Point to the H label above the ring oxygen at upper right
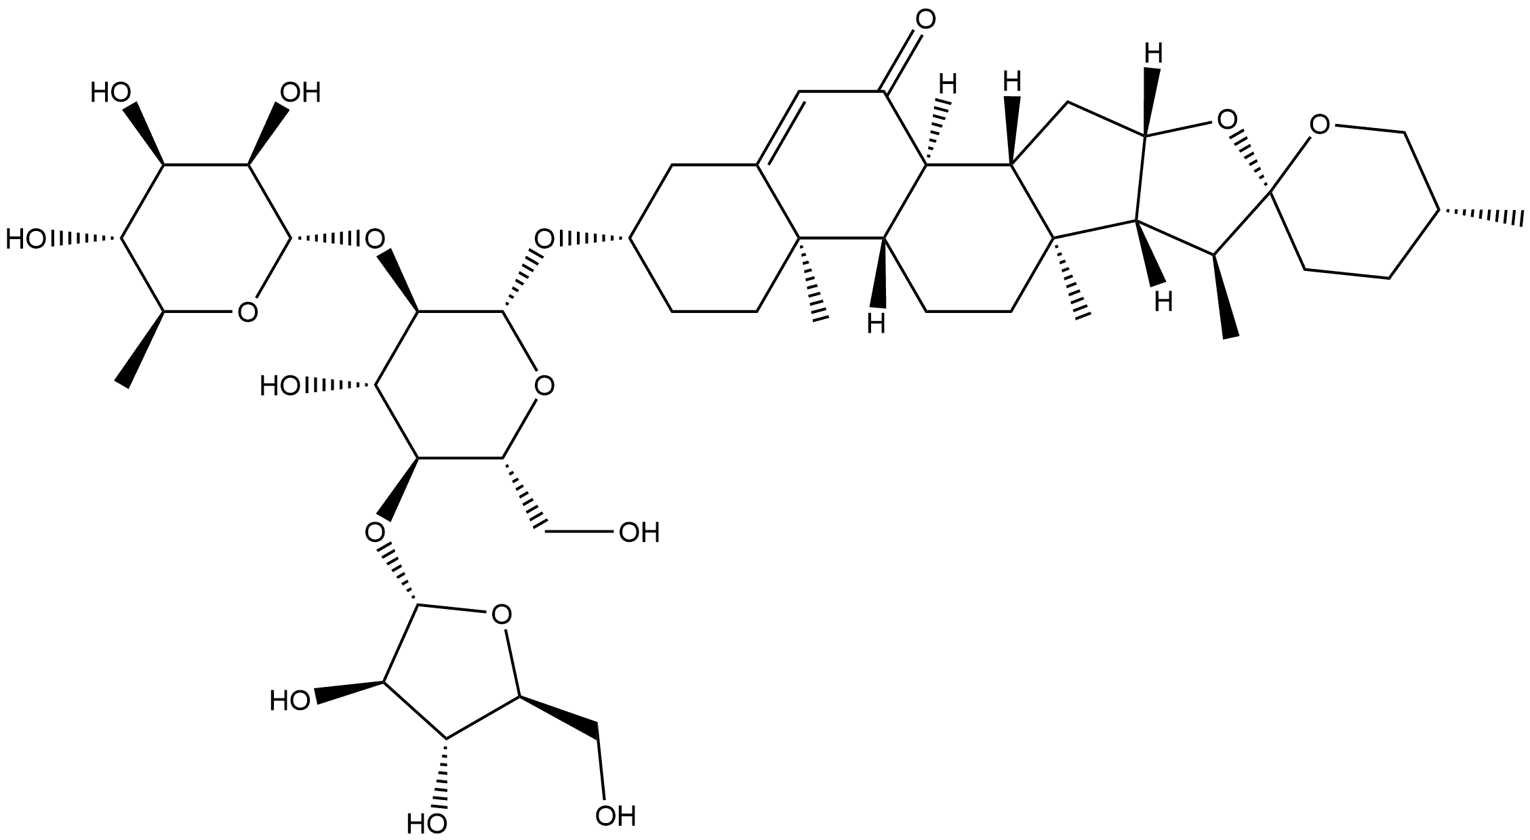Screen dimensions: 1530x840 pyautogui.click(x=1154, y=52)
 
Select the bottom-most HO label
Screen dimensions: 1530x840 pyautogui.click(x=426, y=823)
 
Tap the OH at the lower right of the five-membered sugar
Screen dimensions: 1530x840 pyautogui.click(x=616, y=816)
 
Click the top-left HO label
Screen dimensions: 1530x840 pyautogui.click(x=110, y=93)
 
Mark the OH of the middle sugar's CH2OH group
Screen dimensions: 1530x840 pyautogui.click(x=639, y=533)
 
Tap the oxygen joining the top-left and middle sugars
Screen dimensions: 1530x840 pyautogui.click(x=374, y=238)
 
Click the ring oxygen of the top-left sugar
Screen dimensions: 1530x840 pyautogui.click(x=247, y=312)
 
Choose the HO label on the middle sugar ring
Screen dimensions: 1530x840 pyautogui.click(x=282, y=386)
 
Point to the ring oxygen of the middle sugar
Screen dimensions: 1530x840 pyautogui.click(x=542, y=386)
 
